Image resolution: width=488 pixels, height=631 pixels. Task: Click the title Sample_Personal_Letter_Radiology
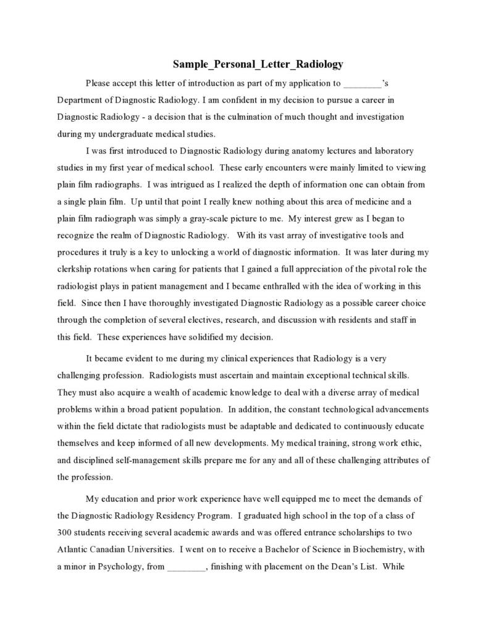[258, 64]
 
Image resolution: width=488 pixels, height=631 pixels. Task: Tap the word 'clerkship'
[75, 269]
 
